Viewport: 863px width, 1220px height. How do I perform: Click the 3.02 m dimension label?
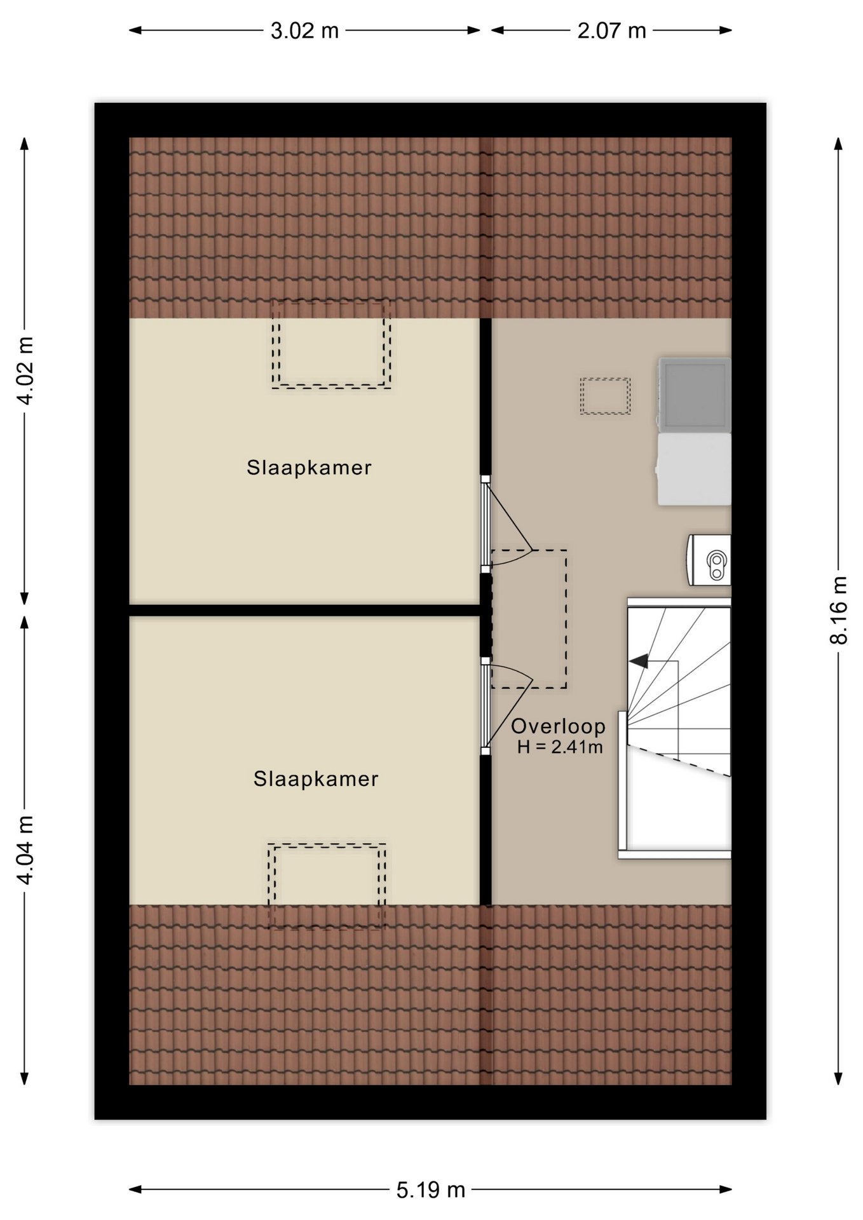(x=304, y=30)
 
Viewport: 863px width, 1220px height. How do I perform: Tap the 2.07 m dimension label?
(x=611, y=30)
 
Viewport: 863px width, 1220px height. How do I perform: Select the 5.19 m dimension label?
(x=431, y=1189)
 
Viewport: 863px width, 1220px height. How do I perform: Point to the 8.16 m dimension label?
(x=839, y=610)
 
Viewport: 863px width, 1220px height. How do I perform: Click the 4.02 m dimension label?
(x=25, y=370)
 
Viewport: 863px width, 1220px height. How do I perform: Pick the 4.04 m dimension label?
(x=25, y=850)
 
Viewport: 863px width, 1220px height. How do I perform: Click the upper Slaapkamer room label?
(x=309, y=468)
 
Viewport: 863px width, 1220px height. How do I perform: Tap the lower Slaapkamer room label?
(x=316, y=779)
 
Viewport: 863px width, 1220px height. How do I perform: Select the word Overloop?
(x=558, y=726)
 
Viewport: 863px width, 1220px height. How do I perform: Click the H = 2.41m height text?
(x=560, y=747)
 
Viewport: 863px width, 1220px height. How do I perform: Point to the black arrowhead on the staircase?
(x=639, y=661)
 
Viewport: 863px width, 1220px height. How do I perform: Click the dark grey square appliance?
(x=695, y=395)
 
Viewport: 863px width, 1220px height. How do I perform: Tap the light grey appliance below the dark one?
(x=694, y=470)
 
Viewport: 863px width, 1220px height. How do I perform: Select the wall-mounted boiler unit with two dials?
(x=709, y=560)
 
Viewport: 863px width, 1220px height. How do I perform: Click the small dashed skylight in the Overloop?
(x=605, y=396)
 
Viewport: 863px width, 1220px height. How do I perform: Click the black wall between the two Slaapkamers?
(x=304, y=611)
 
